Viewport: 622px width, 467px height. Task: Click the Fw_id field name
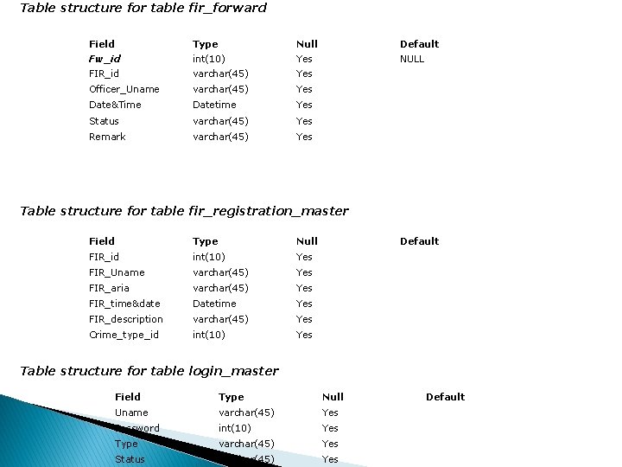[x=105, y=59]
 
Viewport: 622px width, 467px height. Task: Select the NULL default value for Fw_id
[x=412, y=59]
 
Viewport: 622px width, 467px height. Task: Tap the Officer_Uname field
[x=124, y=89]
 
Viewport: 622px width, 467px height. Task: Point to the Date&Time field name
[x=115, y=105]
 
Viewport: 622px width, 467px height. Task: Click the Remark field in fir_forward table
[x=107, y=137]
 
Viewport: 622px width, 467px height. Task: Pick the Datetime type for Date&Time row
[x=214, y=105]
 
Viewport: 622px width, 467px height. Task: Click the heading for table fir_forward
[x=143, y=8]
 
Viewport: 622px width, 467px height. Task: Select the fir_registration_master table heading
[x=184, y=211]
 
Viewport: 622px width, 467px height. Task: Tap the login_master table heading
[x=149, y=371]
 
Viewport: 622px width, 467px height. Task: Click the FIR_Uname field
[x=117, y=272]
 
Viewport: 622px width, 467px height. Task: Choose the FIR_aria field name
[x=109, y=288]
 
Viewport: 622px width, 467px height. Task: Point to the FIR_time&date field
[x=124, y=304]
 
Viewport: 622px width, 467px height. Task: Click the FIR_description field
[x=126, y=319]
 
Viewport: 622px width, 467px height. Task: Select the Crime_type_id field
[x=124, y=335]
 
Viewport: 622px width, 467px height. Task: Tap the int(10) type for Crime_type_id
[x=209, y=335]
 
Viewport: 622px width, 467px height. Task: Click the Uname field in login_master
[x=131, y=413]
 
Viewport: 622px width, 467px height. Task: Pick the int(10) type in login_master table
[x=235, y=428]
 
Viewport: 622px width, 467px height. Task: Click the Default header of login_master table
[x=445, y=397]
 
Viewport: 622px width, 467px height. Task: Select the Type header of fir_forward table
[x=206, y=44]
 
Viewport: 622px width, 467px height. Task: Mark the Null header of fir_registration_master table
[x=307, y=241]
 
